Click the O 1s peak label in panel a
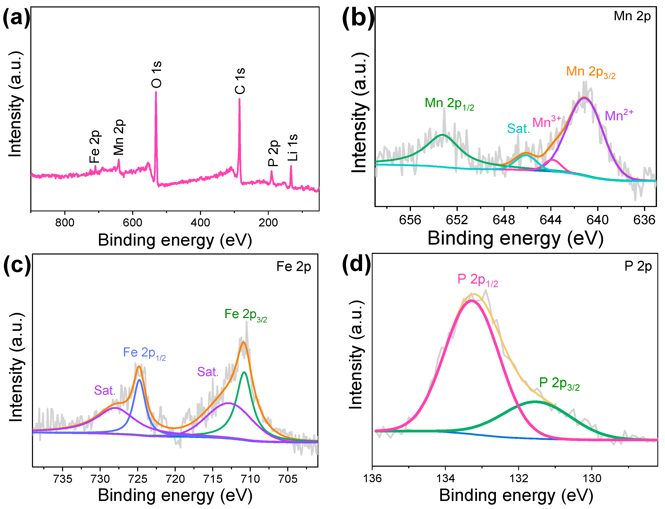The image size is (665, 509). pos(157,75)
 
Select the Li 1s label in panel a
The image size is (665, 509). pos(292,148)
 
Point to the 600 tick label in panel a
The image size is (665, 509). pos(132,223)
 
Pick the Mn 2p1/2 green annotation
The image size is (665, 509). pos(449,104)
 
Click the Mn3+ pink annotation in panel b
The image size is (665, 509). pos(547,122)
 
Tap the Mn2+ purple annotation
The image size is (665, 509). pos(619,115)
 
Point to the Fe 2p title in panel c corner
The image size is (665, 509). pos(294,267)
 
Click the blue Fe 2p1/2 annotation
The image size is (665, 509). pos(144,353)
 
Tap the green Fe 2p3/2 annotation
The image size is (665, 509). pos(245,315)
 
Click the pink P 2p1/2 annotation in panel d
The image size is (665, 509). pos(477,280)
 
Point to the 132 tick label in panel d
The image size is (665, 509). pos(519,478)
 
